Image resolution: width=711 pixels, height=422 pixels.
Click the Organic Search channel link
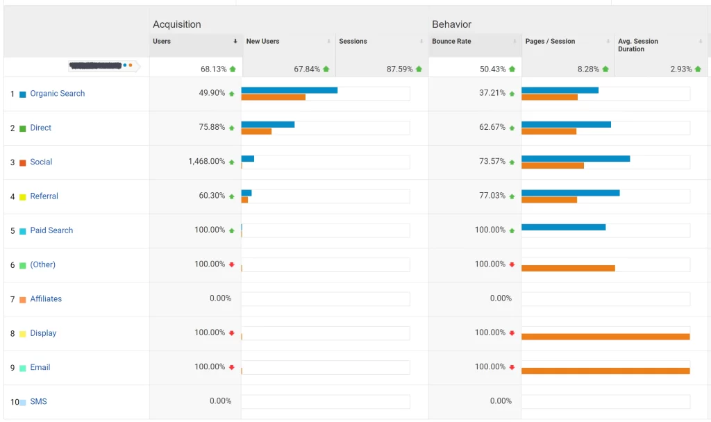point(57,94)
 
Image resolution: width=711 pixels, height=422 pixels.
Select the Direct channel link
point(40,128)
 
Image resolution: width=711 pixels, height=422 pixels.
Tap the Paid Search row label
point(51,230)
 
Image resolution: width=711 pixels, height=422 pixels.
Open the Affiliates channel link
point(46,299)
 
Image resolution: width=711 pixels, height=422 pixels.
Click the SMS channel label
point(38,402)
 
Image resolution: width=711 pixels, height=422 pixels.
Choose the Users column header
point(162,42)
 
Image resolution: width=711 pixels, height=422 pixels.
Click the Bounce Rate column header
point(451,42)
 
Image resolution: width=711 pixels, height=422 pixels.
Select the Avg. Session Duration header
point(638,45)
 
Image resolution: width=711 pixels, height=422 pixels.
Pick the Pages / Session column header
point(550,42)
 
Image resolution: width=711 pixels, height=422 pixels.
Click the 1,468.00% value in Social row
point(206,162)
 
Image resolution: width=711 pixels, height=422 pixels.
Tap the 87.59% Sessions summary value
point(399,69)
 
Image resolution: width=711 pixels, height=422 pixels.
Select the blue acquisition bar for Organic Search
point(289,90)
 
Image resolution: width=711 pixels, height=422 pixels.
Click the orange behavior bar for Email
point(605,371)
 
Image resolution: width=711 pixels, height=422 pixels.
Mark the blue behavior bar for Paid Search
point(563,227)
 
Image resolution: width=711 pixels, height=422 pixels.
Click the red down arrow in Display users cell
point(232,333)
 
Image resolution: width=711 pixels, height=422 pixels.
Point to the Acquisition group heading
point(176,24)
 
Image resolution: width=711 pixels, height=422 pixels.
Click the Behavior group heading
point(451,24)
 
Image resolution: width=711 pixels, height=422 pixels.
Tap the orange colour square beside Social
point(23,162)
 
